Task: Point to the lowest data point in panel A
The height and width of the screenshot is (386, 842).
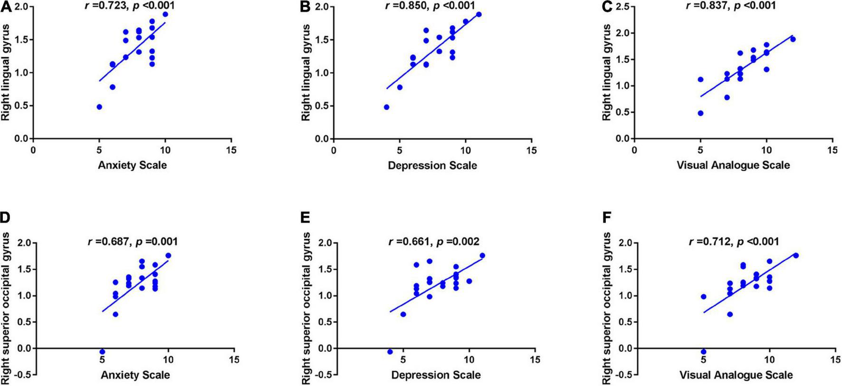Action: pyautogui.click(x=99, y=107)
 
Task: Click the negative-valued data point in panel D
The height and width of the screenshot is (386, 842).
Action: pyautogui.click(x=102, y=352)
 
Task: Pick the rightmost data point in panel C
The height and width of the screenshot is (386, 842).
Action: pyautogui.click(x=793, y=39)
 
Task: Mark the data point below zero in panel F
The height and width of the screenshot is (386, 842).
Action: pyautogui.click(x=703, y=352)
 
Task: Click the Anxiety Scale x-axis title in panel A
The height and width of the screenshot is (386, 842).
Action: pyautogui.click(x=132, y=165)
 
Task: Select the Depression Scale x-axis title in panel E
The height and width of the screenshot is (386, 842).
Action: pyautogui.click(x=436, y=375)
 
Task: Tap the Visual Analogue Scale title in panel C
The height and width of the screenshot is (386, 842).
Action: pyautogui.click(x=733, y=165)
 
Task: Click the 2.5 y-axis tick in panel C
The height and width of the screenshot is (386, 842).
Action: pyautogui.click(x=622, y=7)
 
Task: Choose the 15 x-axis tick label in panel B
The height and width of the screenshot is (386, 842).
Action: pyautogui.click(x=532, y=150)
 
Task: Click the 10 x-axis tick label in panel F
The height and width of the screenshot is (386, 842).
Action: pyautogui.click(x=769, y=360)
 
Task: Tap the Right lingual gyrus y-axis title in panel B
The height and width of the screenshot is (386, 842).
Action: pyautogui.click(x=306, y=72)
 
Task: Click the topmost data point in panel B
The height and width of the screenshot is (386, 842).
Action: pyautogui.click(x=478, y=14)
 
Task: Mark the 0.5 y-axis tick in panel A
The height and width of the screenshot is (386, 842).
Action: pyautogui.click(x=21, y=106)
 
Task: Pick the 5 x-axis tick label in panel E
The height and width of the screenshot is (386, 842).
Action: pyautogui.click(x=403, y=360)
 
